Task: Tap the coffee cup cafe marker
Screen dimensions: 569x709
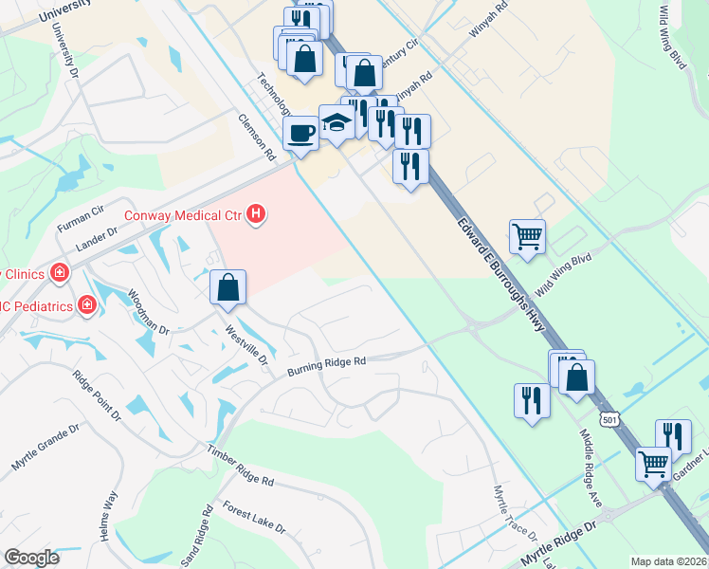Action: (301, 133)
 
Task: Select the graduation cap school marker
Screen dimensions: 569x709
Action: (336, 122)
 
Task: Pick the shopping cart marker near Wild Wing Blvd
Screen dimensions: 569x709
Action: (527, 234)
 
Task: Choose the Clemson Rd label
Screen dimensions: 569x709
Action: (256, 138)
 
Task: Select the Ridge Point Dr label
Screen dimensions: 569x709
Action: (98, 395)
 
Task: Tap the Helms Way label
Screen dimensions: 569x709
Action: (110, 516)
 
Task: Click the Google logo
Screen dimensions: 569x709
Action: (31, 558)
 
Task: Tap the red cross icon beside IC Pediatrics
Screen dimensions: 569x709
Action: (87, 304)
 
